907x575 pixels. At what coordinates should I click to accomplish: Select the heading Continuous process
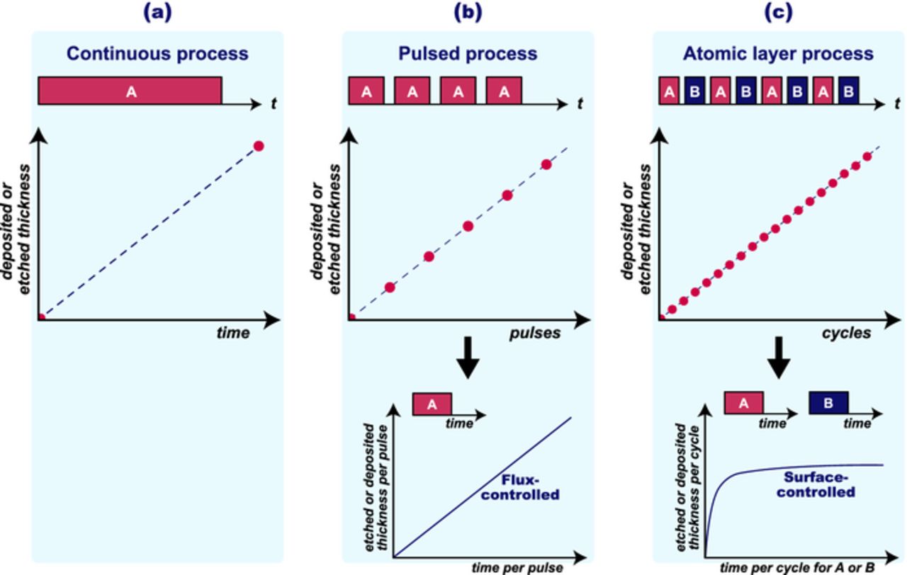157,53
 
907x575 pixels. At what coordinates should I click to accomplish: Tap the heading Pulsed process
467,53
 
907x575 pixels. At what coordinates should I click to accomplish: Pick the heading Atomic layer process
778,53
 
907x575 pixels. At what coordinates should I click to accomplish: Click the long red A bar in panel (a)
130,91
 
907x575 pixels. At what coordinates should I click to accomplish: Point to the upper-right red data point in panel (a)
259,146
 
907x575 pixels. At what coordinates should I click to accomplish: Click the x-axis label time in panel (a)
233,333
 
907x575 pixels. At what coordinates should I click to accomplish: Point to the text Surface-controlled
816,484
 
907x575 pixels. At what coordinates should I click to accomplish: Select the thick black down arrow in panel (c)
778,358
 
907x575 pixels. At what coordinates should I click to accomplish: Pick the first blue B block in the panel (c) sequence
694,91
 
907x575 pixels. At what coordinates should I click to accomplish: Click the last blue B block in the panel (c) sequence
847,91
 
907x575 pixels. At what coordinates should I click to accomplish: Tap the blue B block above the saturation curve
828,403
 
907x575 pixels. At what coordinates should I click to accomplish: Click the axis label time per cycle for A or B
798,567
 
